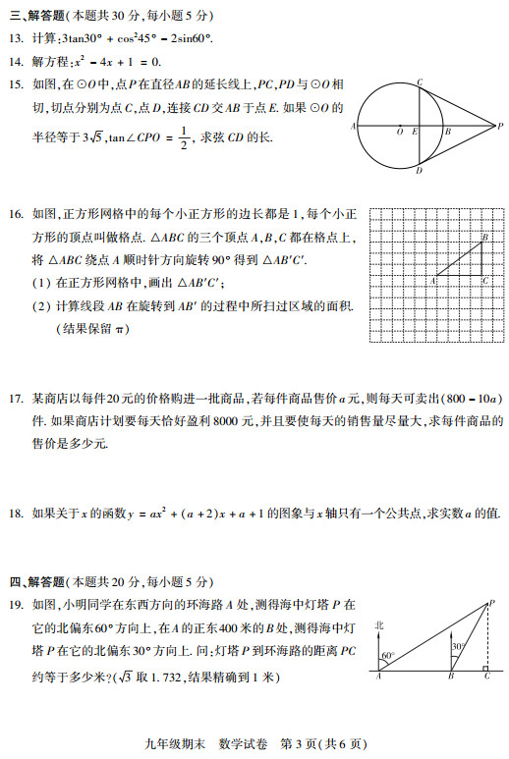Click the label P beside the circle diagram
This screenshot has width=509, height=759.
499,127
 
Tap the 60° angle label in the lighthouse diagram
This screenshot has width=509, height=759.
387,655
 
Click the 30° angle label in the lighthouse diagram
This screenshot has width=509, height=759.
456,647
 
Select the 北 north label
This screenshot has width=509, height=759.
379,624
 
